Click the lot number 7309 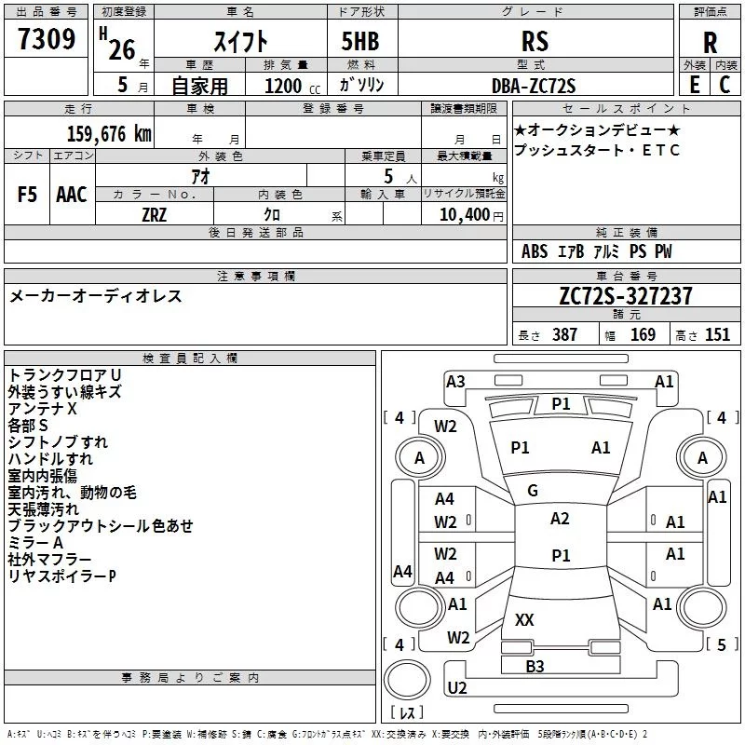(47, 39)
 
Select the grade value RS (535, 41)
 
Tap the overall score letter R (710, 43)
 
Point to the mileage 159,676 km (109, 134)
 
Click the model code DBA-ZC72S (534, 86)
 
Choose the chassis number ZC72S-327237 (626, 296)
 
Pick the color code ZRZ (155, 215)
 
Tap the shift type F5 (27, 195)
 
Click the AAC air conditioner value (72, 195)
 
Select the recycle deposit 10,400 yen (471, 215)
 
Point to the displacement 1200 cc (292, 86)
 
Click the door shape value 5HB (360, 41)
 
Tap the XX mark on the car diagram (524, 619)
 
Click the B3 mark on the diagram (535, 666)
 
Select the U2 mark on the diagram (457, 687)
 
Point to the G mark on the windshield (533, 491)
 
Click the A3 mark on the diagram (455, 382)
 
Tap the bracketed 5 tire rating (722, 644)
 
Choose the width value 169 (643, 334)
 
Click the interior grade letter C (725, 85)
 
